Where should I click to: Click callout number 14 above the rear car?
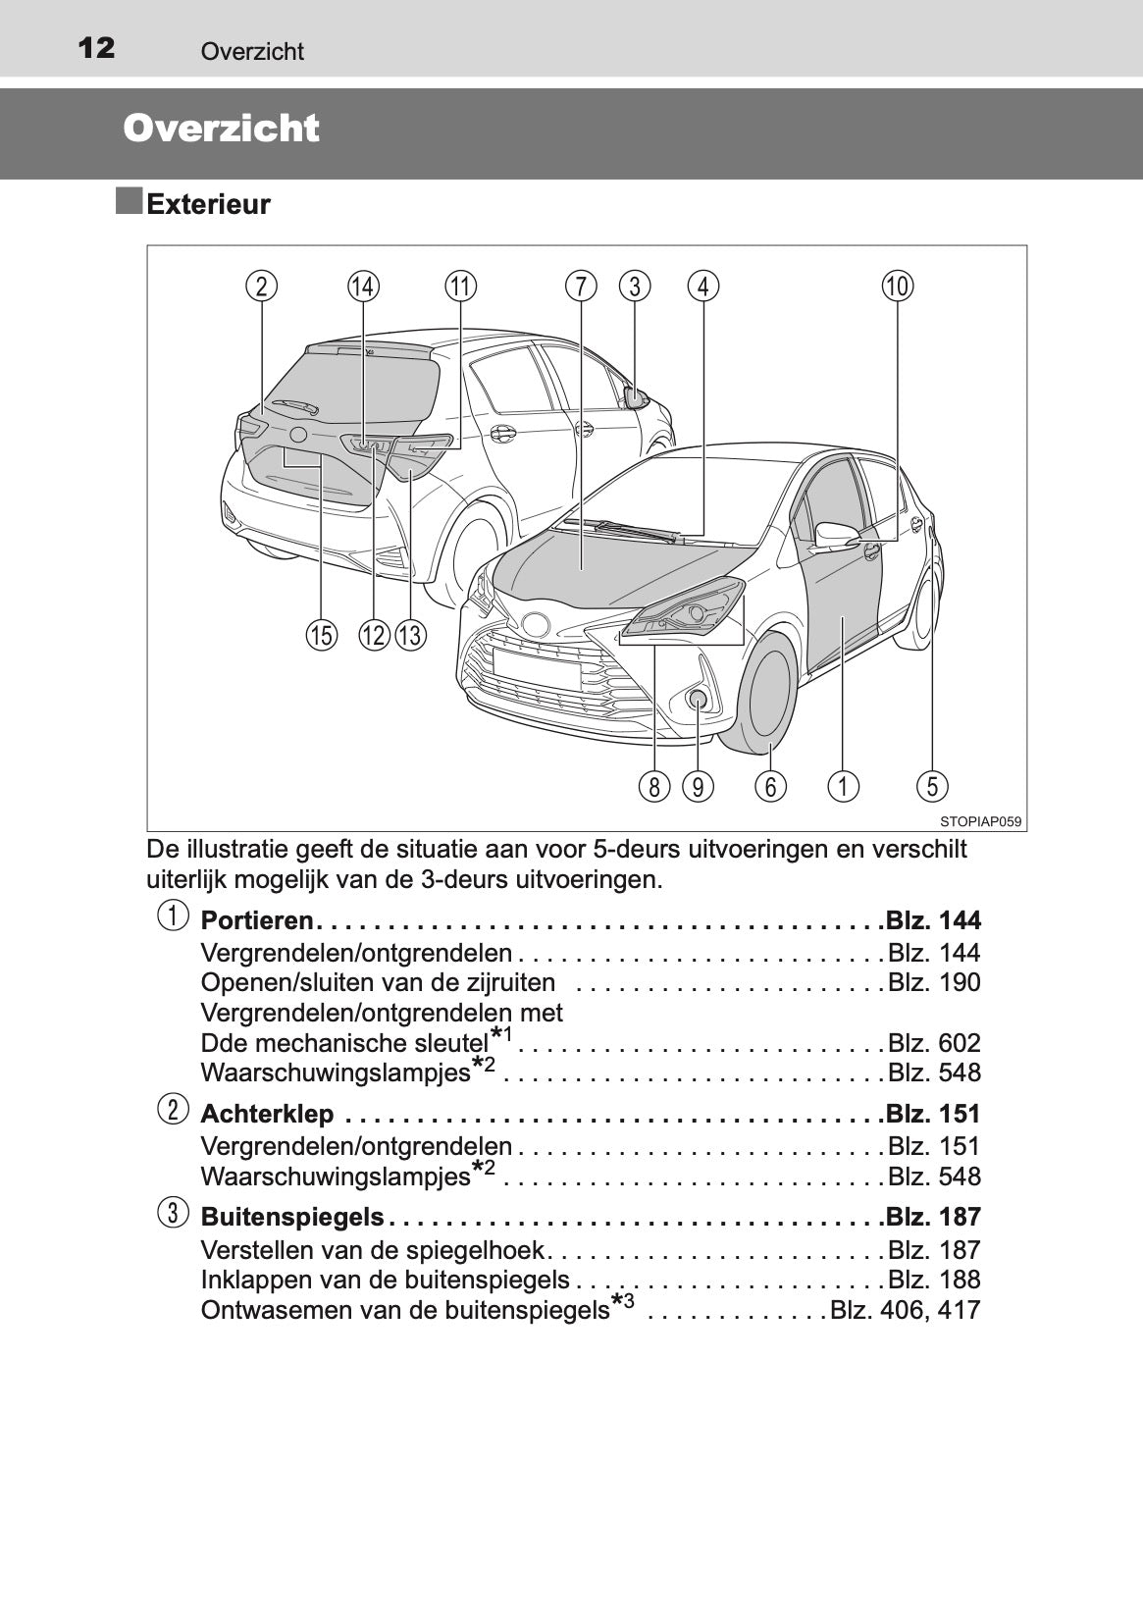tap(363, 287)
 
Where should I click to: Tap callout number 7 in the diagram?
tap(581, 287)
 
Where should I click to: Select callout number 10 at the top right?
tap(897, 287)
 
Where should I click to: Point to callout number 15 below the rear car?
tap(320, 636)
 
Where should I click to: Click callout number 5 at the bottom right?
tap(931, 786)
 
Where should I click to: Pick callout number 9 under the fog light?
tap(698, 786)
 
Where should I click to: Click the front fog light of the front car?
tap(698, 699)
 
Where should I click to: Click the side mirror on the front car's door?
tap(837, 535)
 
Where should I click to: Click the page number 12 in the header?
tap(96, 47)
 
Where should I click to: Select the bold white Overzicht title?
tap(222, 129)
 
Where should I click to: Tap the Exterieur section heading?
tap(208, 205)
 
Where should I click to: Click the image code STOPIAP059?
tap(980, 821)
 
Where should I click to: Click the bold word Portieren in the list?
tap(256, 920)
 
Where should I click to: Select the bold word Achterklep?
tap(267, 1114)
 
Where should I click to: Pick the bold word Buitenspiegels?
tap(292, 1217)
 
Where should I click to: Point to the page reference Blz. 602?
tap(933, 1042)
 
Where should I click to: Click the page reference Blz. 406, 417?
tap(905, 1310)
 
